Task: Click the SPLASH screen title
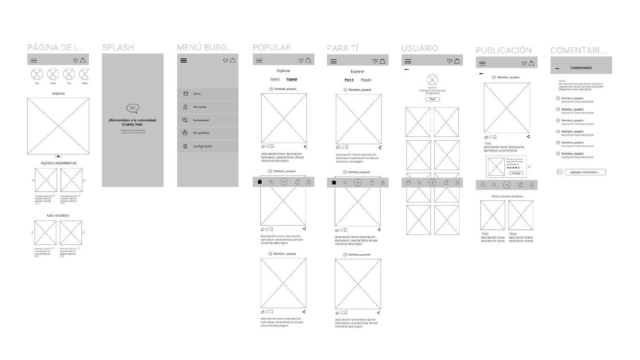coord(118,47)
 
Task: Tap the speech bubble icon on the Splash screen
coord(133,109)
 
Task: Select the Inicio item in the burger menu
coord(197,94)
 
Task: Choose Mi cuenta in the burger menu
coord(200,107)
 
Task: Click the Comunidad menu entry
coord(201,120)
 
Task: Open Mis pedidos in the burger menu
coord(201,133)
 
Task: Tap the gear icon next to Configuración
coord(185,146)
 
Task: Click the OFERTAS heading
coord(58,94)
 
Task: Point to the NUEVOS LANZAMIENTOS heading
coord(59,163)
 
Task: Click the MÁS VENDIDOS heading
coord(58,216)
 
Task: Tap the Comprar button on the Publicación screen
coord(516,173)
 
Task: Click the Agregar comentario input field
coord(585,172)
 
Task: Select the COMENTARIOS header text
coord(581,68)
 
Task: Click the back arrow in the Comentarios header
coord(558,68)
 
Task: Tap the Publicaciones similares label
coord(507,197)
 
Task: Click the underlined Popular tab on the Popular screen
coord(292,79)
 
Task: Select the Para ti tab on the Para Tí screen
coord(349,80)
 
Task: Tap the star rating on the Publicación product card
coord(513,168)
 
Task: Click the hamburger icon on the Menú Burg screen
coord(184,61)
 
